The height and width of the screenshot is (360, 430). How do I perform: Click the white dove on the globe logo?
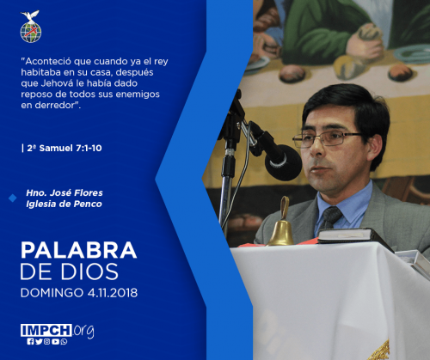click(30, 15)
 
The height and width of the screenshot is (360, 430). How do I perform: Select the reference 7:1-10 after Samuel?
click(89, 148)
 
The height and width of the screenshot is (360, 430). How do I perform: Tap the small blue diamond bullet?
click(13, 198)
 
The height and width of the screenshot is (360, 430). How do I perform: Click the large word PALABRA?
click(78, 250)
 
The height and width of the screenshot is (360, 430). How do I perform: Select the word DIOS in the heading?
click(89, 272)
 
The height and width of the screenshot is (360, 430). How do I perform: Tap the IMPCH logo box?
click(46, 330)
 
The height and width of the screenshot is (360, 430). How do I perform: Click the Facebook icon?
click(30, 341)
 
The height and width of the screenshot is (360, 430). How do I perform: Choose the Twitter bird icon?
click(39, 341)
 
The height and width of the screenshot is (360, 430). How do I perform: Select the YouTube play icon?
click(56, 341)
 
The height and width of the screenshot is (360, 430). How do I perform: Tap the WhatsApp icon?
click(64, 341)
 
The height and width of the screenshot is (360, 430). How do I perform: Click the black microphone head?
click(283, 162)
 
